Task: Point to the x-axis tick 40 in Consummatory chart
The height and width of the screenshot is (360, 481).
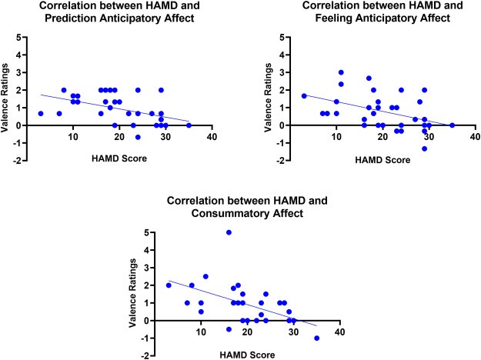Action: pyautogui.click(x=339, y=332)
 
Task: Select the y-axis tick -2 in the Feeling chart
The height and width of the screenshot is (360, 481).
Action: pyautogui.click(x=284, y=161)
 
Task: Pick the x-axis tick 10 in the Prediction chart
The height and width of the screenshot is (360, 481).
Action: pyautogui.click(x=72, y=137)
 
